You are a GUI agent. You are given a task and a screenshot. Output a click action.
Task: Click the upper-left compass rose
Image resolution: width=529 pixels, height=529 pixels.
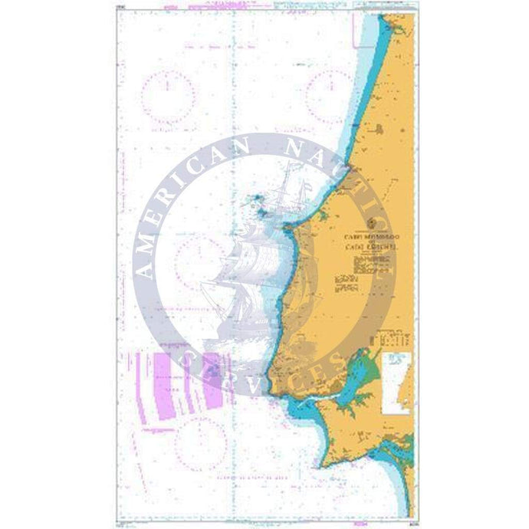[174, 97]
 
